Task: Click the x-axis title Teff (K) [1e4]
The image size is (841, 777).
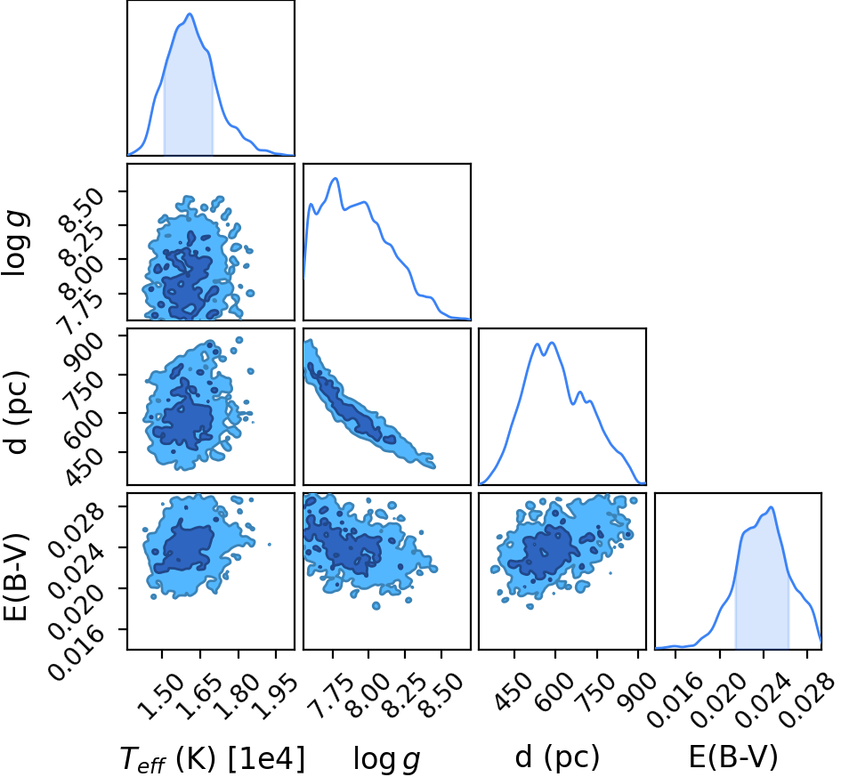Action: pyautogui.click(x=213, y=759)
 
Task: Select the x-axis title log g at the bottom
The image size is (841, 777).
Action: pyautogui.click(x=386, y=760)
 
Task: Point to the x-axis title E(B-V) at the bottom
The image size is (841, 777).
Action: pyautogui.click(x=732, y=757)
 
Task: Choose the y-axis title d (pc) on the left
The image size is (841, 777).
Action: pyautogui.click(x=15, y=412)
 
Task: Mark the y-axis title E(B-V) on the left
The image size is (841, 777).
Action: pyautogui.click(x=15, y=577)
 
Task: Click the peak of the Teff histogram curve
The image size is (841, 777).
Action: pyautogui.click(x=190, y=14)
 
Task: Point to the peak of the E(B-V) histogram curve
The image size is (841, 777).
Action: pyautogui.click(x=772, y=507)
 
